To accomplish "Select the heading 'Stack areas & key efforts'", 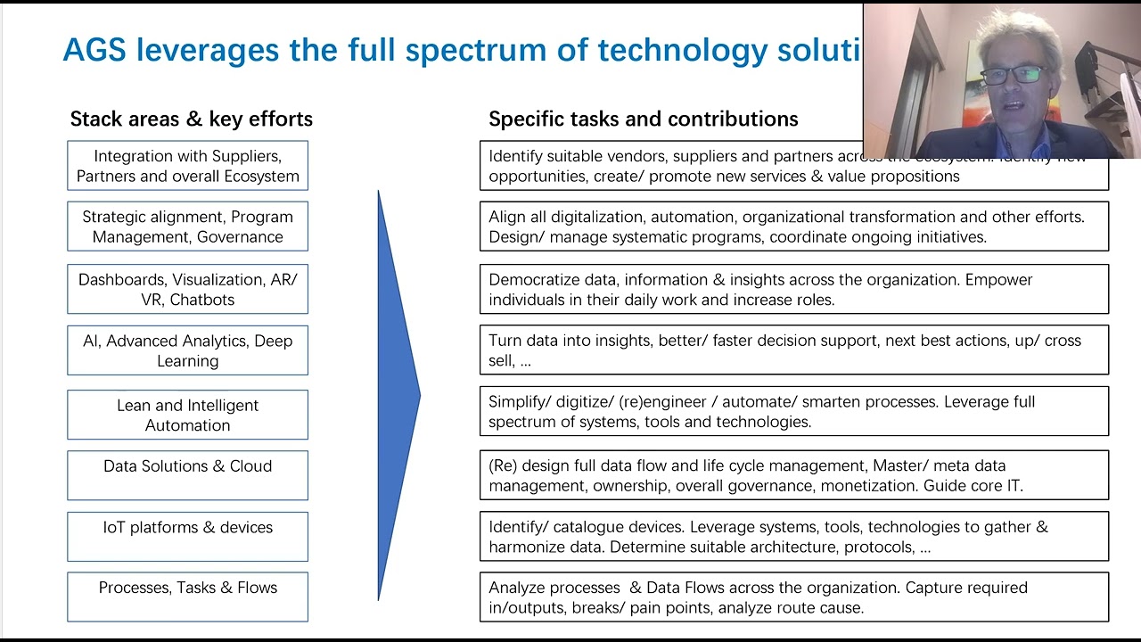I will tap(191, 119).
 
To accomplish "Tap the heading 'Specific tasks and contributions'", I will tap(643, 119).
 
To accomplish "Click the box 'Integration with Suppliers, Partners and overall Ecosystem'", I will tap(187, 166).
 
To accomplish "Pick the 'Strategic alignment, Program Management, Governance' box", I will tap(187, 226).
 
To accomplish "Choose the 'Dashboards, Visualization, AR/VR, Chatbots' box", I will tap(187, 289).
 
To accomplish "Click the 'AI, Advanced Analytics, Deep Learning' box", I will tap(187, 350).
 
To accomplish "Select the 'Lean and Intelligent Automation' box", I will tap(187, 415).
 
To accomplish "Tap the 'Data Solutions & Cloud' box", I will tap(187, 475).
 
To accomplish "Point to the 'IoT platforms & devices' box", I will tap(187, 537).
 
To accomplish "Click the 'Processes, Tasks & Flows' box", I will tap(187, 597).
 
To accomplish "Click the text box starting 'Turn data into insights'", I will tap(793, 350).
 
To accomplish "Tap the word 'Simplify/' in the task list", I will tap(521, 401).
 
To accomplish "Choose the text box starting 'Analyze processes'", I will tap(793, 597).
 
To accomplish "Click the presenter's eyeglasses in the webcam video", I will tap(1014, 75).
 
